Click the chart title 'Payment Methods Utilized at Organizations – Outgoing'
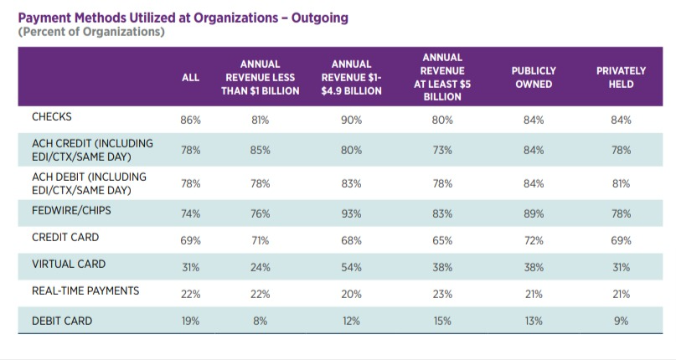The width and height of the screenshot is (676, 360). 183,17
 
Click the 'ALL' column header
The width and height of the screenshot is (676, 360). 191,78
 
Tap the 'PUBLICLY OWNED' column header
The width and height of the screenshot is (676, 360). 533,78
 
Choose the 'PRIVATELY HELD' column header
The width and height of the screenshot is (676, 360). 621,78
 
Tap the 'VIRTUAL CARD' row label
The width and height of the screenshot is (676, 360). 69,264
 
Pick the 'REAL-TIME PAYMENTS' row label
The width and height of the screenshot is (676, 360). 85,291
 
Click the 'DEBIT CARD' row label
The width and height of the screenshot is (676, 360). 62,321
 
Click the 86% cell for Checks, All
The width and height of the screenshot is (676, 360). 191,121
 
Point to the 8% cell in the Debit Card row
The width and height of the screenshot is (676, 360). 260,321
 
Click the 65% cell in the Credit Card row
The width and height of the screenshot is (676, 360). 442,241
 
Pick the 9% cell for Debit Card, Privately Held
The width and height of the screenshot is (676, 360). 621,321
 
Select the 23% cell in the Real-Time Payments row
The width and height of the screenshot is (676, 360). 442,294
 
